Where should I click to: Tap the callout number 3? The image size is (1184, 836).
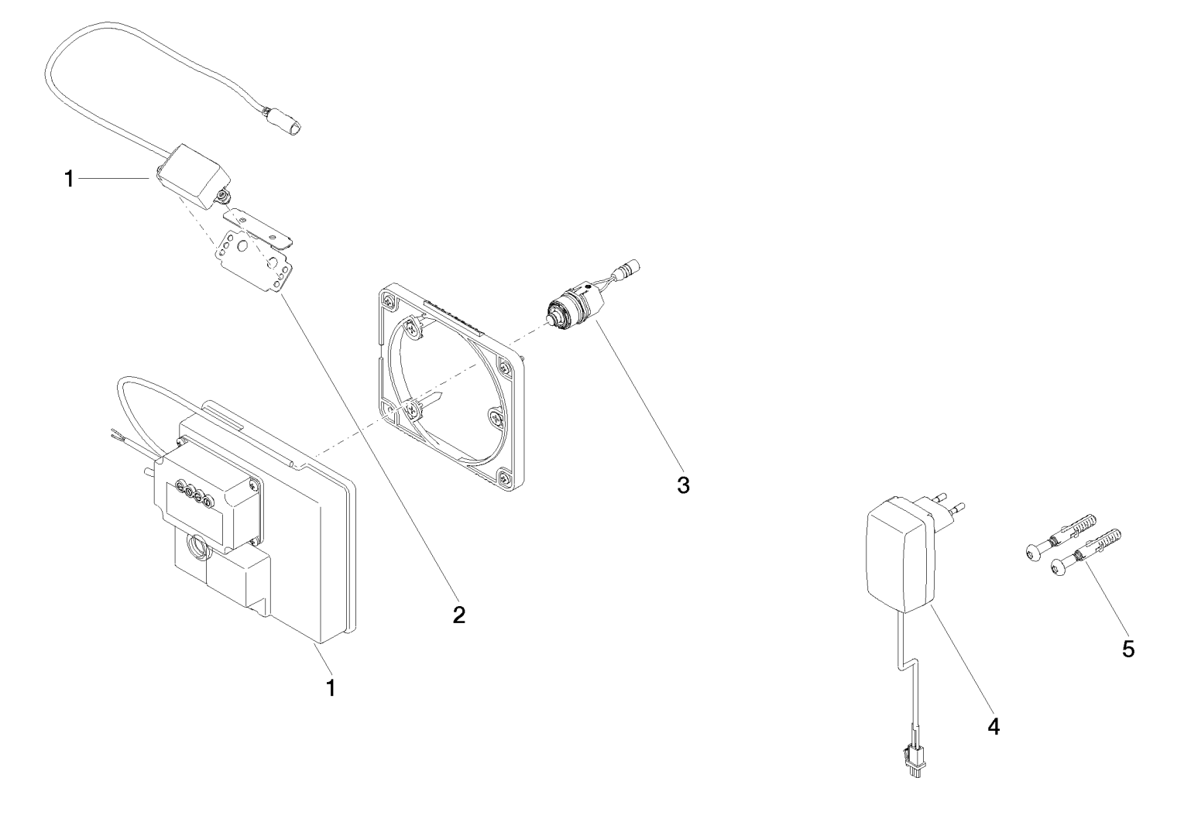click(x=682, y=485)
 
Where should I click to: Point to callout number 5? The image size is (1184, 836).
click(x=1128, y=649)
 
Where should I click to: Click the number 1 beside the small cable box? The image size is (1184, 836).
click(x=69, y=179)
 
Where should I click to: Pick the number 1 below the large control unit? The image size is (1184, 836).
click(x=331, y=687)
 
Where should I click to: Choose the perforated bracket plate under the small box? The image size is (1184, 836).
click(x=255, y=259)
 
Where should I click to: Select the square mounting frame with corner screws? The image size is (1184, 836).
click(x=449, y=387)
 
